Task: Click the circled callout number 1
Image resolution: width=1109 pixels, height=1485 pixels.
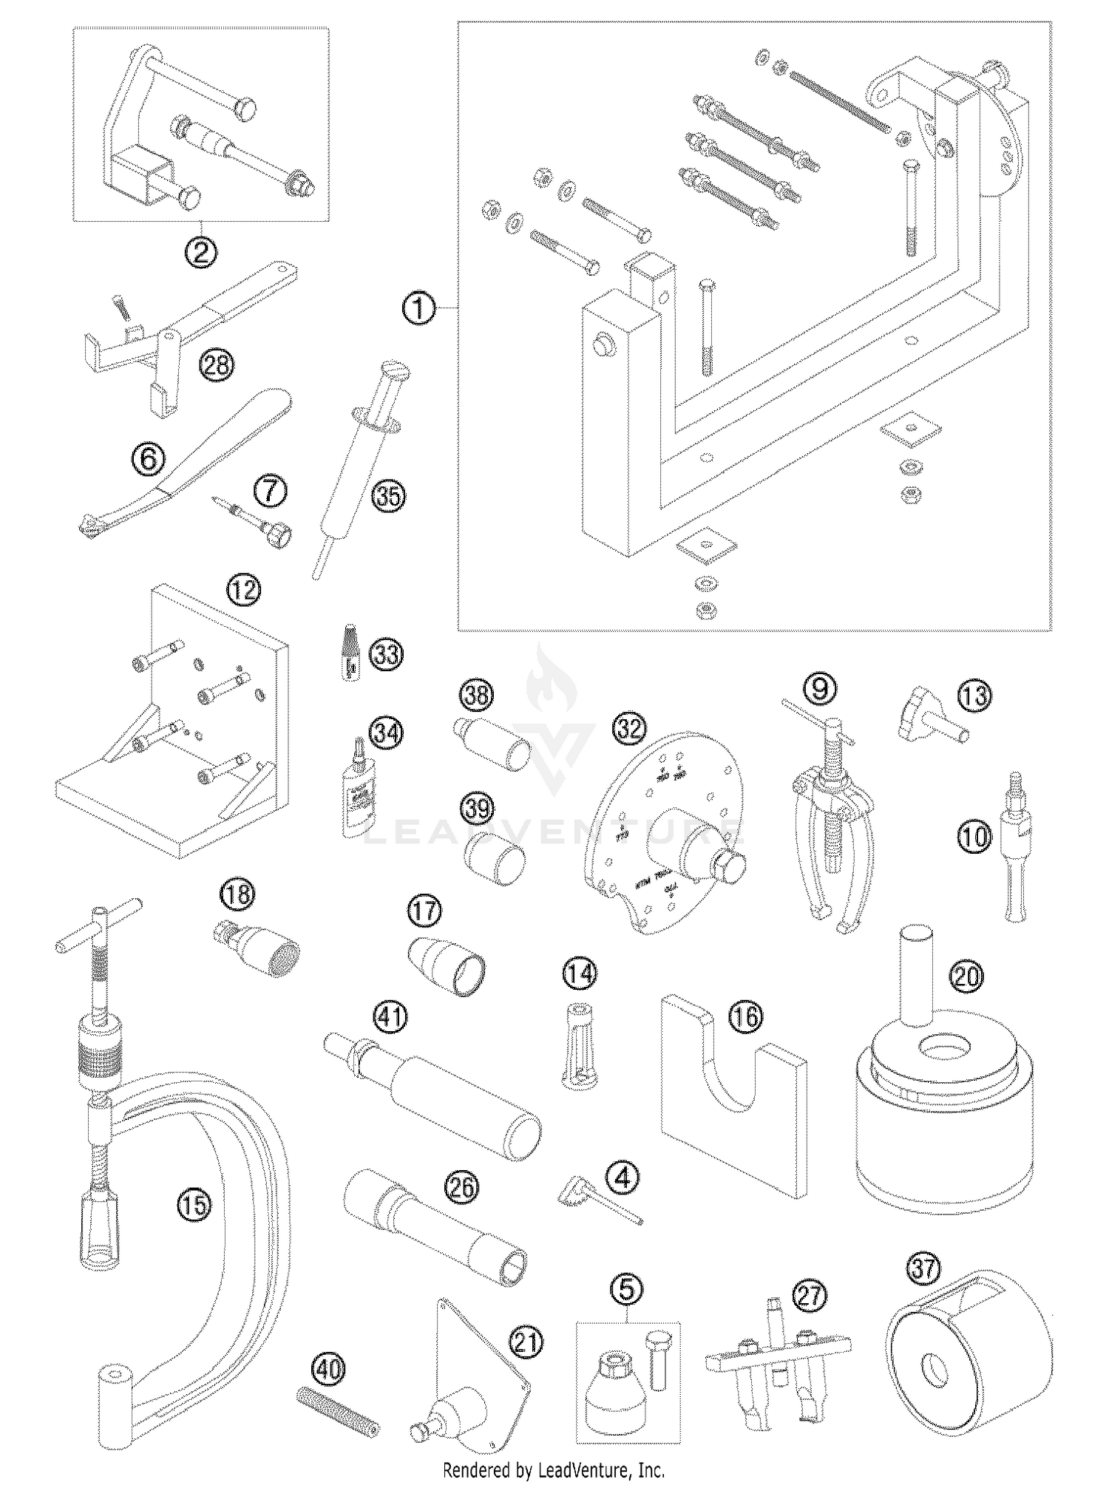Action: pos(418,307)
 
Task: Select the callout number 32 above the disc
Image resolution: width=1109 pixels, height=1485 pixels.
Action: pos(630,729)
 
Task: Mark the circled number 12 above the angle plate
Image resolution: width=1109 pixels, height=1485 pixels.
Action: pos(245,590)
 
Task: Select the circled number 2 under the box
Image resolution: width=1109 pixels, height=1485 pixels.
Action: pos(201,253)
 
